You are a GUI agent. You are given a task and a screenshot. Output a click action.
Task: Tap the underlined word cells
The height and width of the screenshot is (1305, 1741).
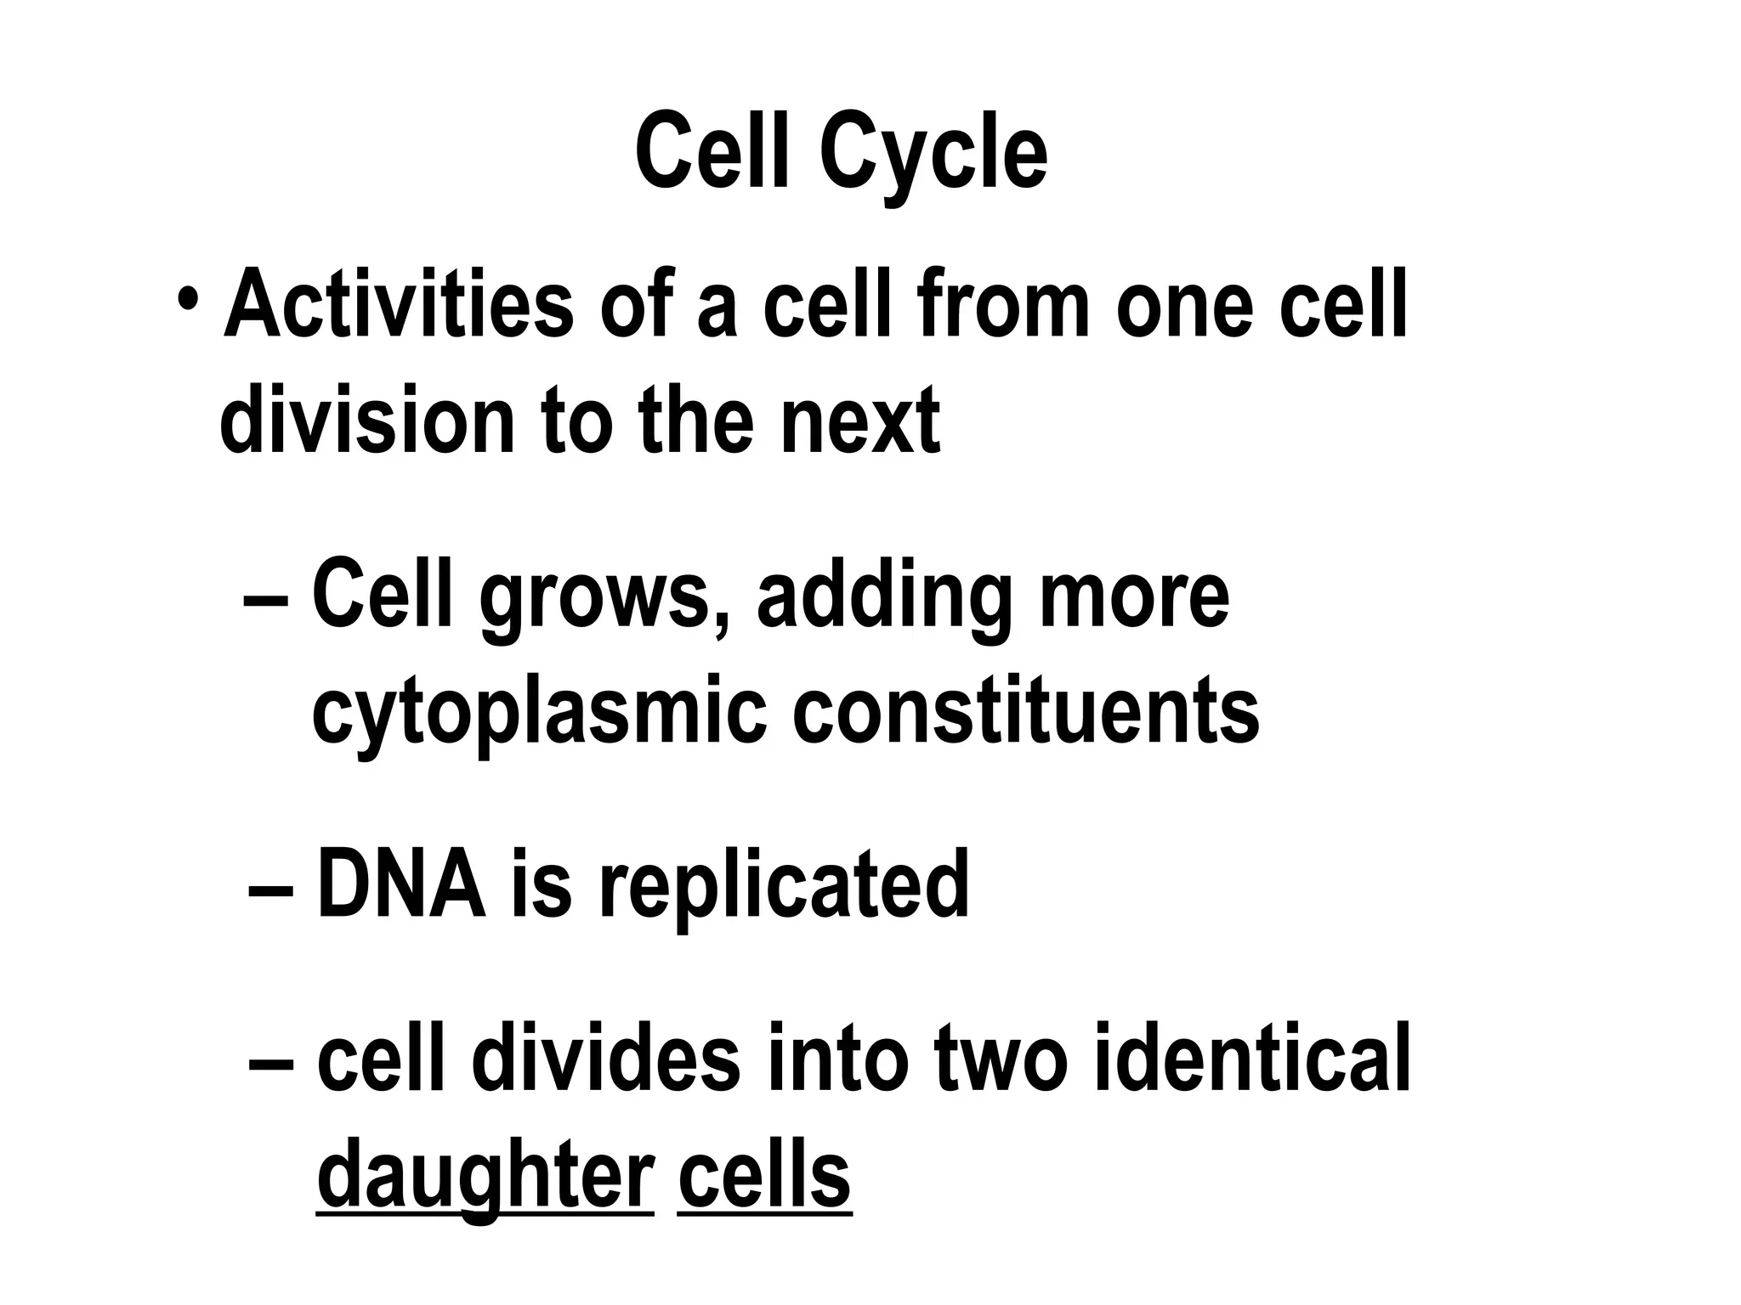tap(764, 1175)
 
